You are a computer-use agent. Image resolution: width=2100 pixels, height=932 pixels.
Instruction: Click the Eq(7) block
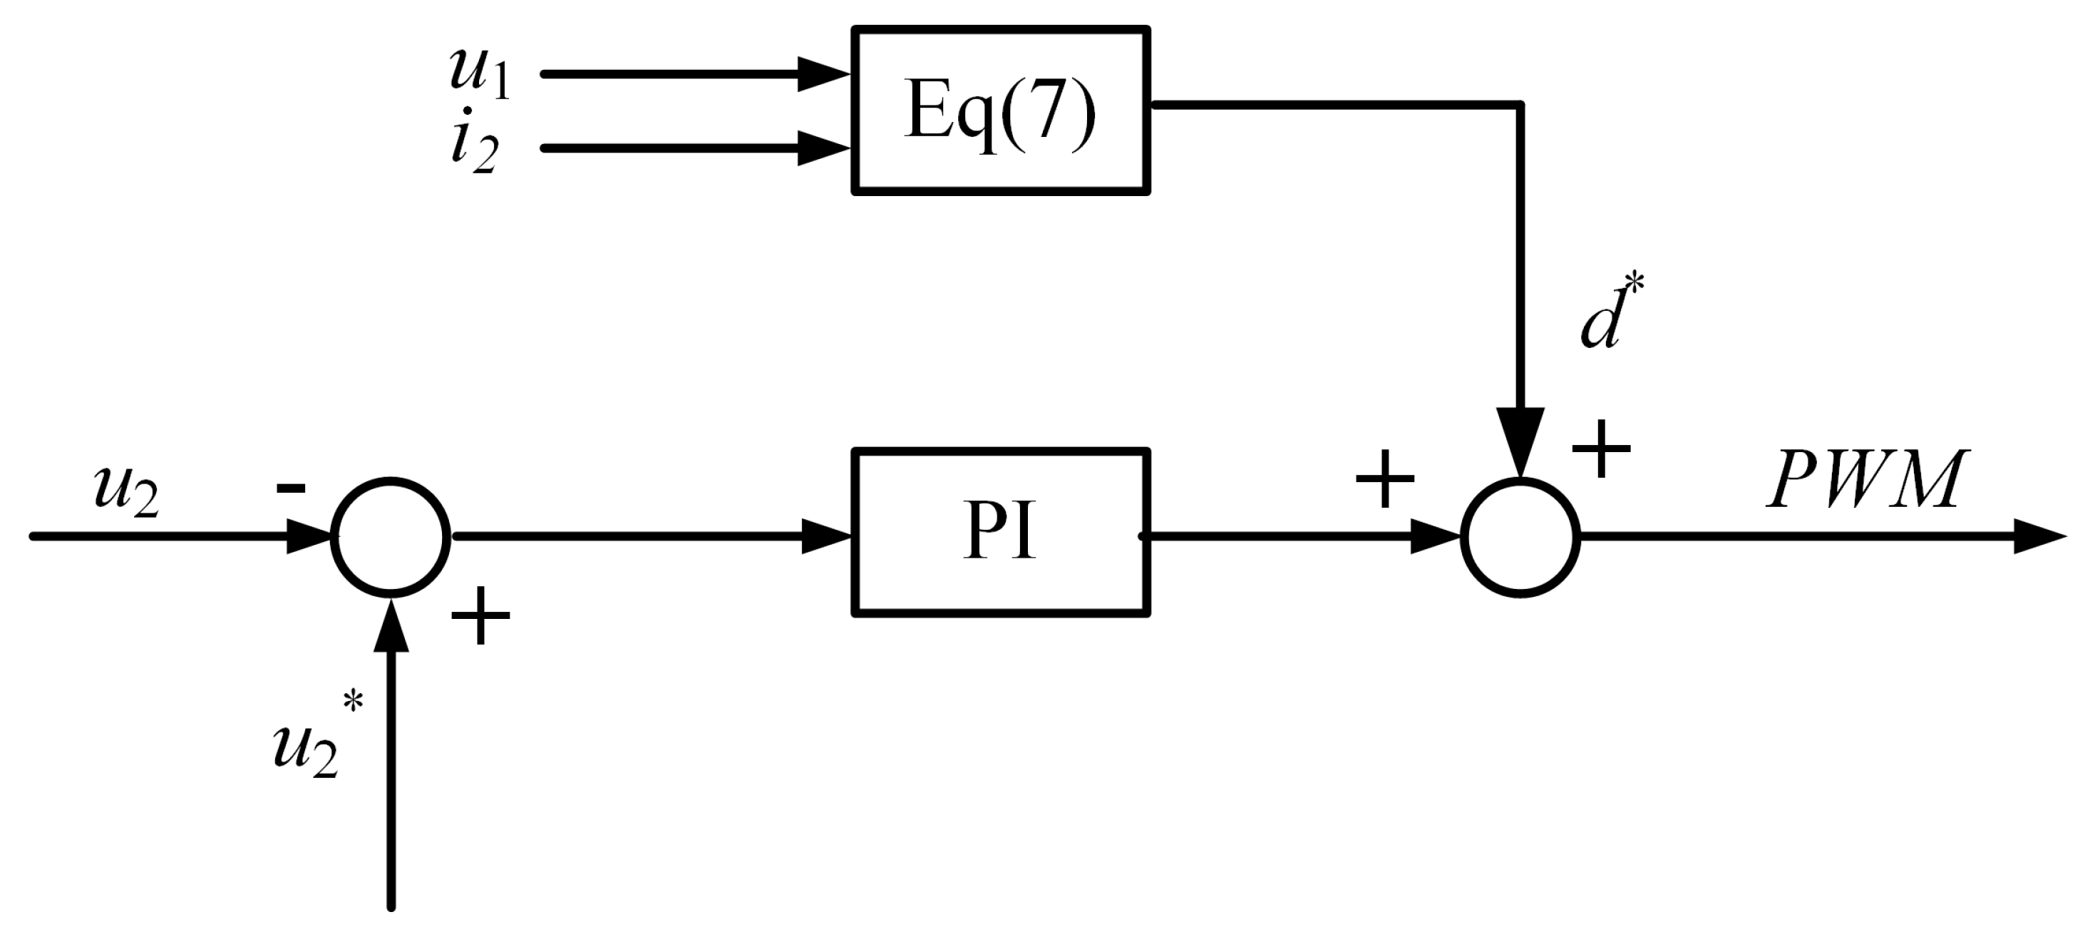1000,111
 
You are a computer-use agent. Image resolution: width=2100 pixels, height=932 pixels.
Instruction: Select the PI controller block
1000,533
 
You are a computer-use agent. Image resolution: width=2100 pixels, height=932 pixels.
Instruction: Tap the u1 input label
479,72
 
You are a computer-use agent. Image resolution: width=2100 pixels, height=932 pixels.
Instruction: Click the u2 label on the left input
126,493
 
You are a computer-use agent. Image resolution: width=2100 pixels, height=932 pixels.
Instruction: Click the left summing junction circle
391,536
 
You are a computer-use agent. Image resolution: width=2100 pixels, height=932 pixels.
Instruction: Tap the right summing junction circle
1520,536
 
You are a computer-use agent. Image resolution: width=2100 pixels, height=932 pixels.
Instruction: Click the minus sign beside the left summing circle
291,488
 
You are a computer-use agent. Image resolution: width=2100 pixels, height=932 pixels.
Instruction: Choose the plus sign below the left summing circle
480,615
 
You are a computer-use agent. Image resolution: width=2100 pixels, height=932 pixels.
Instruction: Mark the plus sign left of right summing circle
1384,478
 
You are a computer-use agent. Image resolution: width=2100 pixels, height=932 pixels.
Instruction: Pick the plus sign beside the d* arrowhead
1601,448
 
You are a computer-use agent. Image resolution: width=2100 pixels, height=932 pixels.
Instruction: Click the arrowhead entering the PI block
827,536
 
